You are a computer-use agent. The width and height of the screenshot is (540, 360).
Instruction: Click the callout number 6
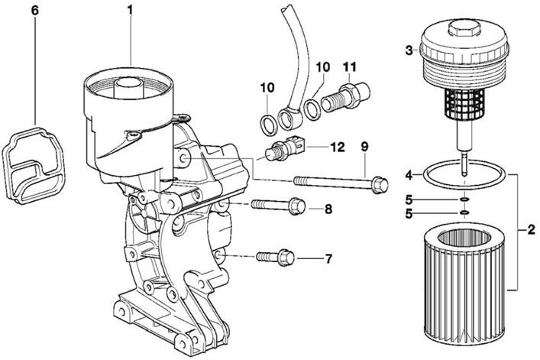click(x=35, y=11)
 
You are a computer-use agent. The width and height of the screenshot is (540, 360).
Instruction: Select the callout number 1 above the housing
click(x=130, y=11)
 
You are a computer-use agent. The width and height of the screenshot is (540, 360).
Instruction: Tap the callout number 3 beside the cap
click(x=409, y=51)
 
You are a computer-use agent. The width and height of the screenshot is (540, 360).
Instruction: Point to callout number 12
click(x=338, y=148)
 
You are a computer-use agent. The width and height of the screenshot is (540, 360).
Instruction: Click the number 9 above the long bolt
click(x=364, y=147)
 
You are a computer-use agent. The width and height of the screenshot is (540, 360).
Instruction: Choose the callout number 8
click(x=328, y=209)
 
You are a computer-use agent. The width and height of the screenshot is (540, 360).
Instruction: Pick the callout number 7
click(x=328, y=258)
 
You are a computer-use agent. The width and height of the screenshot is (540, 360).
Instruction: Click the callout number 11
click(x=351, y=66)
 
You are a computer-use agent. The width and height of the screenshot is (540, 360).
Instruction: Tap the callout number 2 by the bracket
click(x=532, y=230)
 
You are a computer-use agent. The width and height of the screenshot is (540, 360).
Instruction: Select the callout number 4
click(x=409, y=176)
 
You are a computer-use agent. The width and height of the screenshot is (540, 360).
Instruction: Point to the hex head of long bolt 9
click(x=380, y=185)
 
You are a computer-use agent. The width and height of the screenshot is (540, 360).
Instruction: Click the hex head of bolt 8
click(x=297, y=206)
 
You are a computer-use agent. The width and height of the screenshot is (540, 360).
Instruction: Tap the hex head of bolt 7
click(x=286, y=258)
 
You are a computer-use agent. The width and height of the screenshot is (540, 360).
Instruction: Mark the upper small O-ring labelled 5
click(x=464, y=199)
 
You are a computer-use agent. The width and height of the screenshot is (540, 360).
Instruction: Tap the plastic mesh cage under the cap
click(x=463, y=102)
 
